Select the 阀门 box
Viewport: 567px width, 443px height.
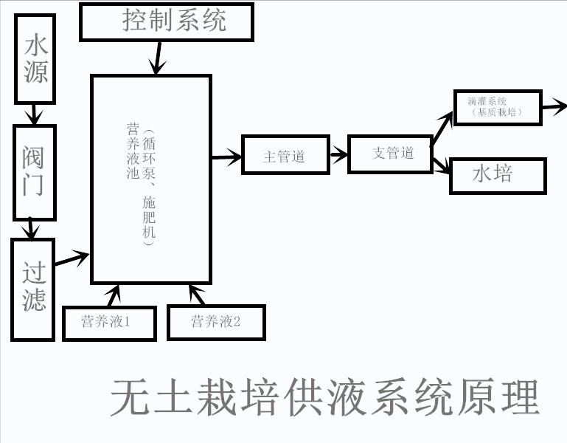pos(35,172)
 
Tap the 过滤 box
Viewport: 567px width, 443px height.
pos(33,289)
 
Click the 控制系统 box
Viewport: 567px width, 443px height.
pos(167,21)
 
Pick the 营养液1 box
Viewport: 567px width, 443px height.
pos(109,322)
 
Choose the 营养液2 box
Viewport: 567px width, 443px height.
pos(216,322)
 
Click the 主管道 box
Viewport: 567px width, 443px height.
pos(285,156)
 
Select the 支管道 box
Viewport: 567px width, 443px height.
pos(391,153)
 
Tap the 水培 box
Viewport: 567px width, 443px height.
pos(497,176)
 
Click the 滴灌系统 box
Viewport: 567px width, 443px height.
pos(498,108)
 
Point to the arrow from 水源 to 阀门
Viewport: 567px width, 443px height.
pos(35,114)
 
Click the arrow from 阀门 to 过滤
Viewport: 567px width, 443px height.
pos(30,229)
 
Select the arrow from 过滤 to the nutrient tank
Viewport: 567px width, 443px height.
pos(72,258)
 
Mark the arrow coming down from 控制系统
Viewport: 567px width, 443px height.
pos(158,58)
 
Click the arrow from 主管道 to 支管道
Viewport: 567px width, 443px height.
pos(338,154)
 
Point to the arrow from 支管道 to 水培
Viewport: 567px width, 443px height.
pos(441,165)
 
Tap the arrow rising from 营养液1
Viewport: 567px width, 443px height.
pos(113,295)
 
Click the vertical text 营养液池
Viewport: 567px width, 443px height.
pos(133,151)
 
